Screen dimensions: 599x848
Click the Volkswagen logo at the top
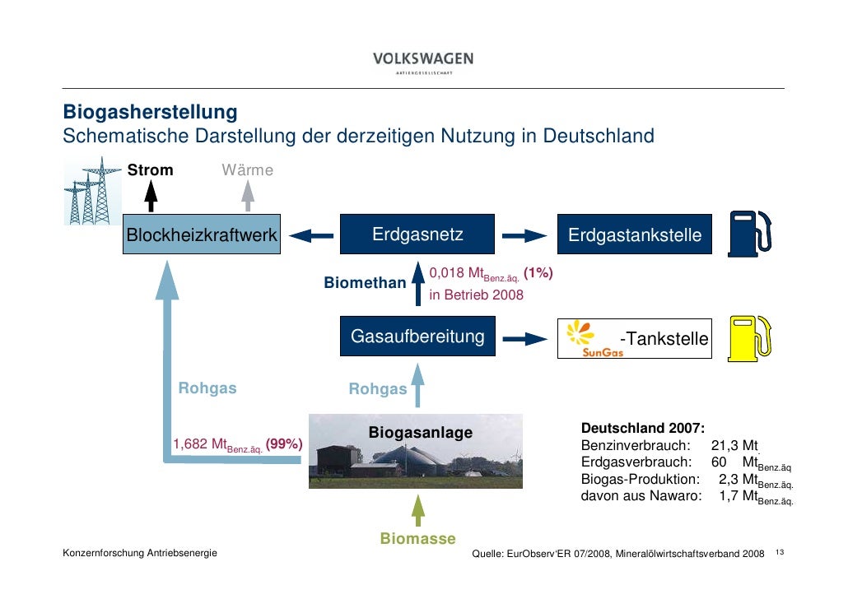pyautogui.click(x=423, y=62)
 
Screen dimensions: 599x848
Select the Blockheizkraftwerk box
pyautogui.click(x=202, y=235)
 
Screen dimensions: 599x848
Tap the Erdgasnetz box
pyautogui.click(x=417, y=235)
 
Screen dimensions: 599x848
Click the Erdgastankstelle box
pyautogui.click(x=634, y=236)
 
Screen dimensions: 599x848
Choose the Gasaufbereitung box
pyautogui.click(x=417, y=337)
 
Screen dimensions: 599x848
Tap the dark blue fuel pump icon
pyautogui.click(x=752, y=234)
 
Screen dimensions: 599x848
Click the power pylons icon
pyautogui.click(x=91, y=193)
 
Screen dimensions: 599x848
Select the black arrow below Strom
pyautogui.click(x=151, y=198)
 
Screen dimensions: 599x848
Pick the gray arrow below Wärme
pyautogui.click(x=247, y=198)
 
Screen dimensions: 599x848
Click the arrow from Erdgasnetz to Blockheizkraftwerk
pyautogui.click(x=311, y=236)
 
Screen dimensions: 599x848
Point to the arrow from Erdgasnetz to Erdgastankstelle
pyautogui.click(x=525, y=236)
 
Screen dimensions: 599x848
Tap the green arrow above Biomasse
pyautogui.click(x=417, y=510)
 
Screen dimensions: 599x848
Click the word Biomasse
pyautogui.click(x=417, y=539)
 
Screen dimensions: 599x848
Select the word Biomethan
pyautogui.click(x=365, y=283)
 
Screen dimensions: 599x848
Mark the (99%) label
pyautogui.click(x=284, y=445)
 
